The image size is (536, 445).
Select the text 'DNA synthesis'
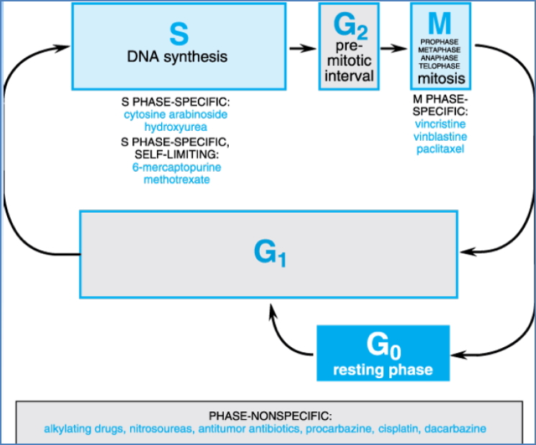pos(177,57)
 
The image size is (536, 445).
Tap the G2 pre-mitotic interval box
pos(348,47)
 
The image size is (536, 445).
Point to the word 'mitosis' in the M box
pos(440,78)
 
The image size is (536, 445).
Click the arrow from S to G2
pos(302,48)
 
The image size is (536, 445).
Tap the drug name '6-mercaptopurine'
pos(171,168)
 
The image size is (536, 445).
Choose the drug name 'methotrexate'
pos(171,180)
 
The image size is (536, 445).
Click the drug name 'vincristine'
pos(440,124)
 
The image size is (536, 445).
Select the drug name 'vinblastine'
pos(440,137)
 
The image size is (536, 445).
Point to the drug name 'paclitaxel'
pos(440,150)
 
